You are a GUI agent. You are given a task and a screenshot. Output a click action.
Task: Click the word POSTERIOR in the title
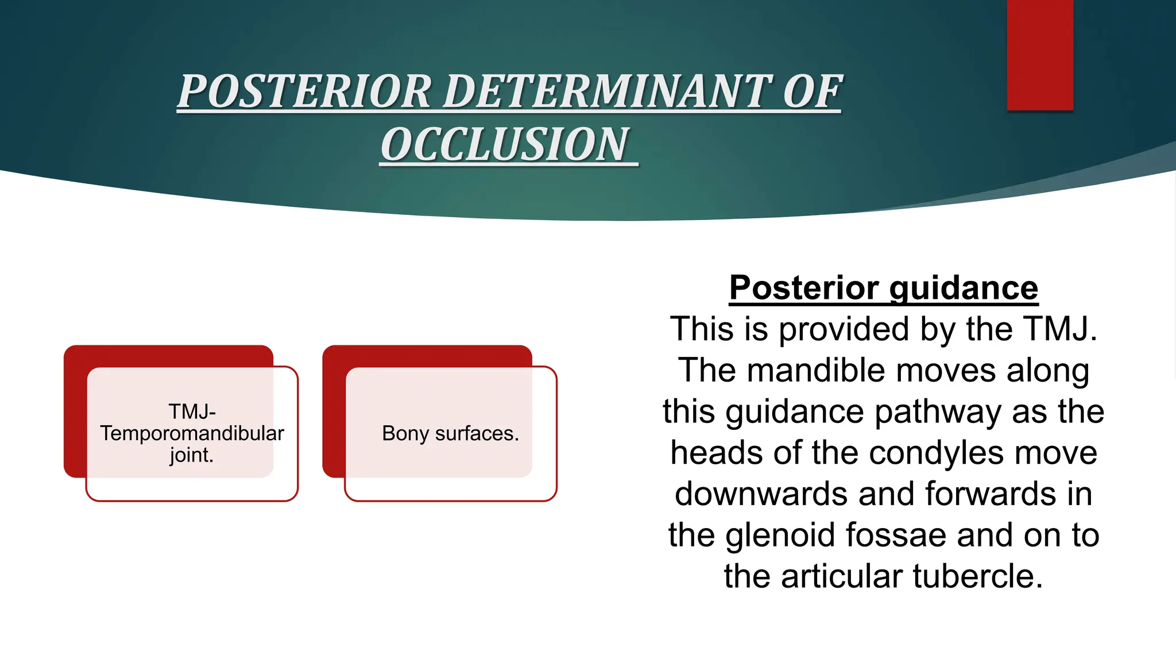coord(304,92)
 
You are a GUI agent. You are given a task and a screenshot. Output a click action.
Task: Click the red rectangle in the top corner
coord(1040,55)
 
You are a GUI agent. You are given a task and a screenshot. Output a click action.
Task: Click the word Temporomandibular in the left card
coord(192,433)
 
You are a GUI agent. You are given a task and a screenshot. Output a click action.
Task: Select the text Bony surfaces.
coord(450,433)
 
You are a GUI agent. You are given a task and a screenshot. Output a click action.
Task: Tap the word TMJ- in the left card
coord(192,411)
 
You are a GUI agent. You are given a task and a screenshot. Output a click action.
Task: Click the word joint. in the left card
coord(192,455)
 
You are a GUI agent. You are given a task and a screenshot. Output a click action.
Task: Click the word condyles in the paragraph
coord(937,453)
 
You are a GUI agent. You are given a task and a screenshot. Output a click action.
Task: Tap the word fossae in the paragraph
coord(896,535)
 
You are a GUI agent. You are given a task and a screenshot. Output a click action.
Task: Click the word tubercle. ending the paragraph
coord(977,576)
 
